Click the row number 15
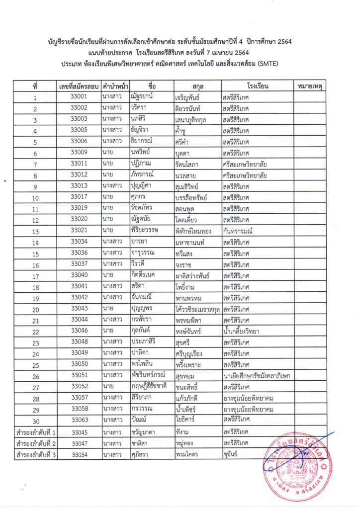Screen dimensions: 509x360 click(35, 254)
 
